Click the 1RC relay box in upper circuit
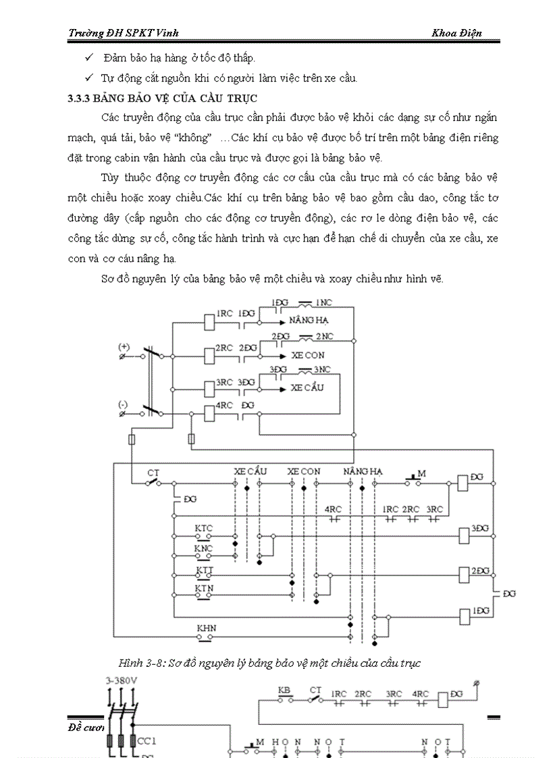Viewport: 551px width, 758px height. click(x=209, y=323)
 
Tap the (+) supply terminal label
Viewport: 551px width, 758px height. click(x=124, y=346)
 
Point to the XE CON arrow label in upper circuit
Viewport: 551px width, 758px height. click(x=308, y=355)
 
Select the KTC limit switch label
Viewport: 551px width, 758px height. click(x=204, y=526)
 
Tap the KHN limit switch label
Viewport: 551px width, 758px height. click(x=206, y=628)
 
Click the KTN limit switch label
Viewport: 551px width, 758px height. click(x=204, y=588)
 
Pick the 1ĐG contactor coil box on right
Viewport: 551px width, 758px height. click(x=464, y=616)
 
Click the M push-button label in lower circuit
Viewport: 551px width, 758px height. click(x=422, y=474)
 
